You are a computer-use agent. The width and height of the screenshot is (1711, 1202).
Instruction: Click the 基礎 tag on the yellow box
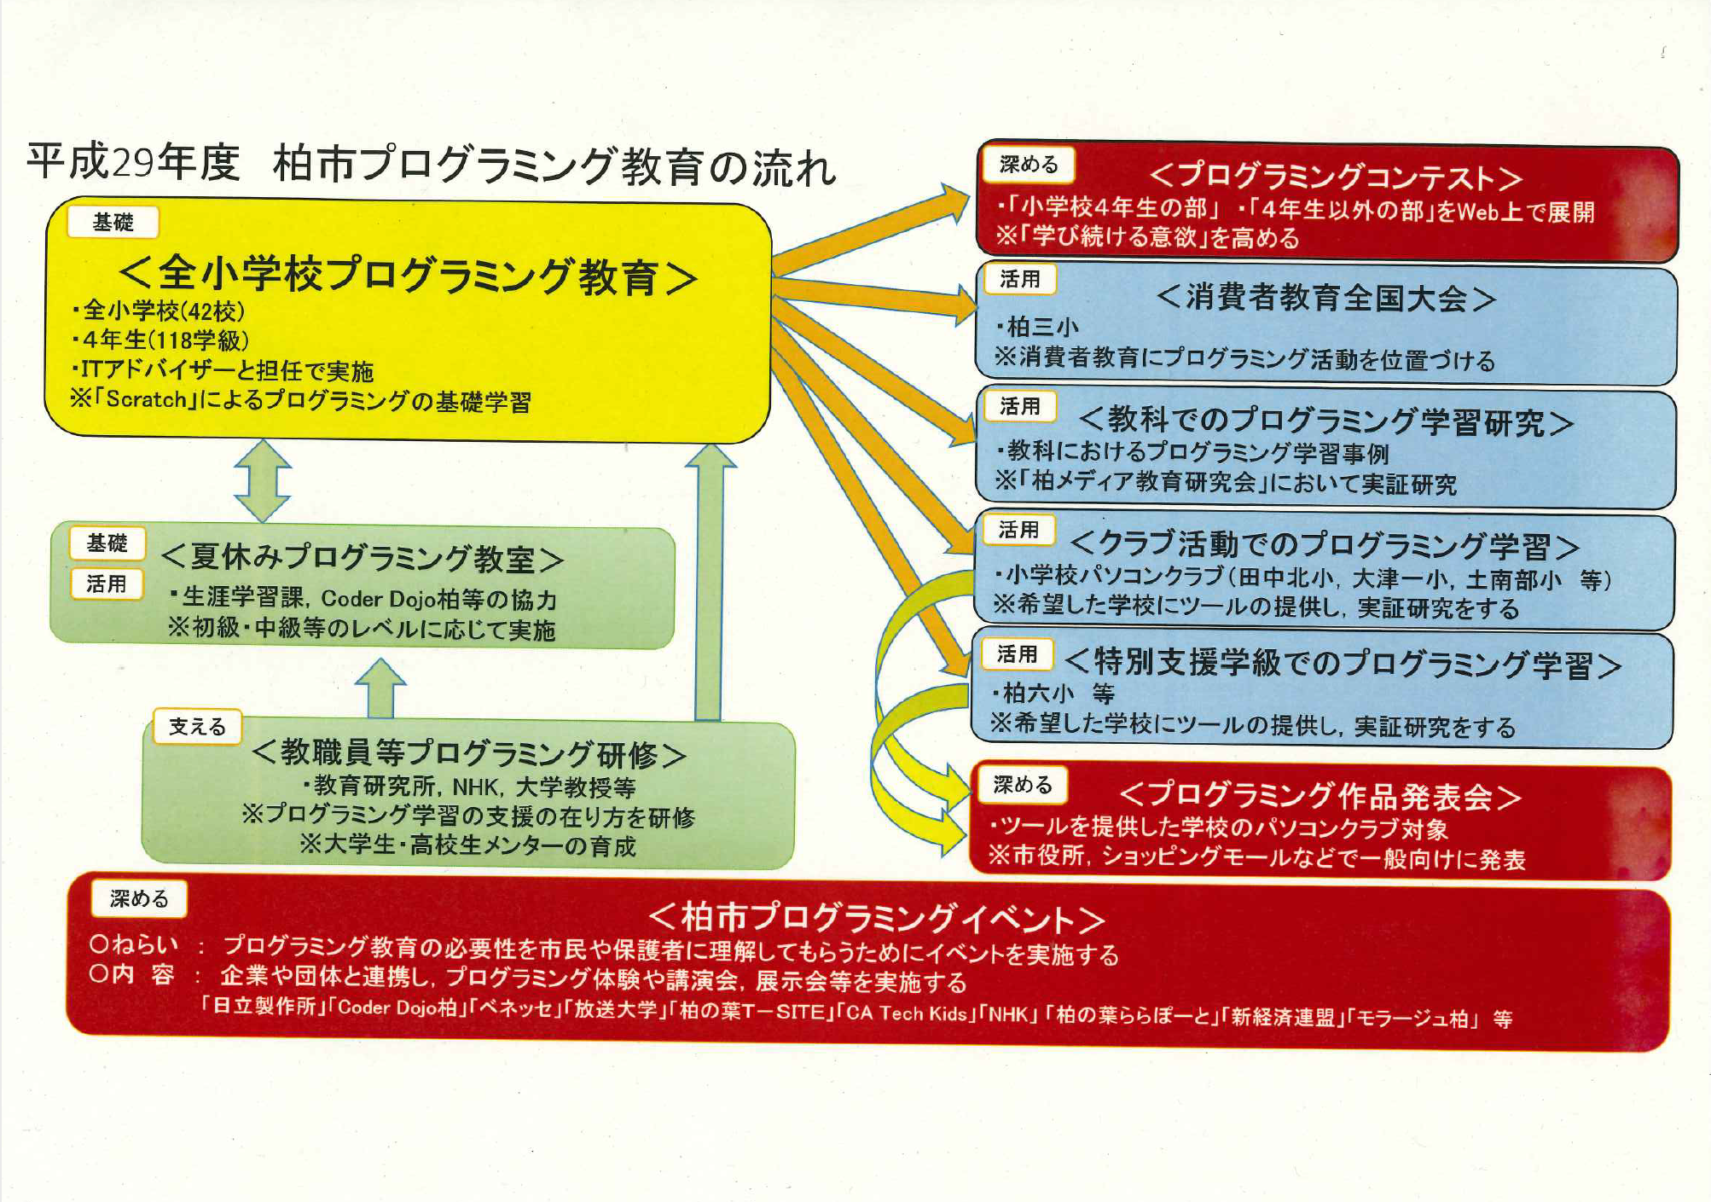click(113, 223)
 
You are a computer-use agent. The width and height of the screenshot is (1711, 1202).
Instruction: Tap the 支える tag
click(197, 727)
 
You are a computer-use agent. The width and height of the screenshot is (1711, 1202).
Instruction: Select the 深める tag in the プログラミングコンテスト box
click(1029, 165)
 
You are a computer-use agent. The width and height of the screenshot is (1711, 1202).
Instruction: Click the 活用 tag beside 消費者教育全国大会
click(1020, 279)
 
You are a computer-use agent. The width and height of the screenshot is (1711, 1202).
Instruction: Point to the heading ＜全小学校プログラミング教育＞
click(408, 275)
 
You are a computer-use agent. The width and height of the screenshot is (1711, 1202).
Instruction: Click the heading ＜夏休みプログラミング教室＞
click(362, 558)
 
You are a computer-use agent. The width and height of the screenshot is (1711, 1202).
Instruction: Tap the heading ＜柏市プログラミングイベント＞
click(877, 917)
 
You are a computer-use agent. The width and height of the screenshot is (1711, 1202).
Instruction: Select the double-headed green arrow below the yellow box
click(263, 480)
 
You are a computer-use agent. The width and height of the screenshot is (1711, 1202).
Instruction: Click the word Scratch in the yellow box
click(146, 399)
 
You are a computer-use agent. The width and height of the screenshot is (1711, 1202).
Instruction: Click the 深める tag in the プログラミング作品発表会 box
click(1023, 785)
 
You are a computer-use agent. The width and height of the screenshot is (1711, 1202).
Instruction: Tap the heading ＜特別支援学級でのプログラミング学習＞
click(1343, 664)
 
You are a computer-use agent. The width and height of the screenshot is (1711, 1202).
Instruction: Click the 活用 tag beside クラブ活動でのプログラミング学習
click(1018, 531)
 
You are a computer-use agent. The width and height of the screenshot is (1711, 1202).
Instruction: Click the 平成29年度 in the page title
click(133, 162)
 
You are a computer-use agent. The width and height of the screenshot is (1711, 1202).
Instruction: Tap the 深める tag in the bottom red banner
click(139, 898)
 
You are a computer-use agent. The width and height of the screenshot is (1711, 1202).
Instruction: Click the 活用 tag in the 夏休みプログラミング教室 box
click(107, 584)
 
